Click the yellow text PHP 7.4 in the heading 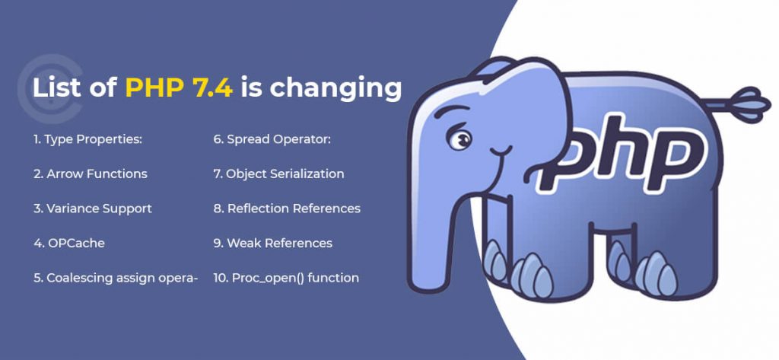179,88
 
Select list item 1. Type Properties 88,140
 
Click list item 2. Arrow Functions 91,174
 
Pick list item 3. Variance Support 93,209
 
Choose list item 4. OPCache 69,243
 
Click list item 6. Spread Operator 272,140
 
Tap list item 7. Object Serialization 278,174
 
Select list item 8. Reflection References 287,209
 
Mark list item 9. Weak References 273,243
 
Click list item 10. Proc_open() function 286,278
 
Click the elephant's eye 459,139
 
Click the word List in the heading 55,88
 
